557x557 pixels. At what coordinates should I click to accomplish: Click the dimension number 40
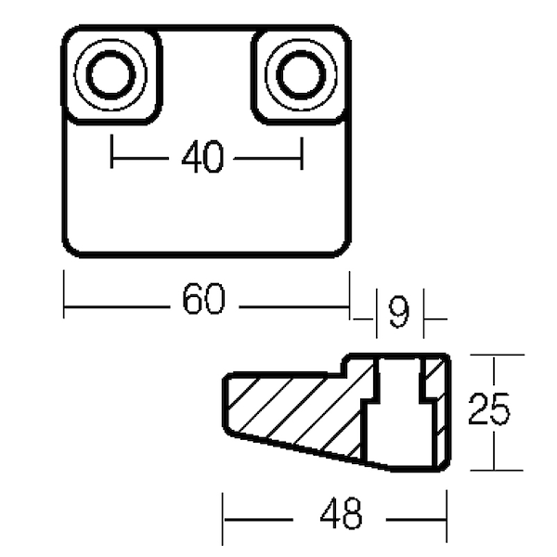(202, 157)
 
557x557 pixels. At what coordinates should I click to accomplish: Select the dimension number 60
(203, 298)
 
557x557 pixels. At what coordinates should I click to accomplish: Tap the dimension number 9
(399, 312)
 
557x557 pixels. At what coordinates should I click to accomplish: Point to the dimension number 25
(489, 409)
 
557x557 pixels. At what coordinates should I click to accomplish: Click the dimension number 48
(341, 513)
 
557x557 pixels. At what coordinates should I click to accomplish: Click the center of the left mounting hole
(110, 75)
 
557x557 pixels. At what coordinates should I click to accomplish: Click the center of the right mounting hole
(301, 75)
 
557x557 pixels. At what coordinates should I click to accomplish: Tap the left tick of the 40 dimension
(111, 151)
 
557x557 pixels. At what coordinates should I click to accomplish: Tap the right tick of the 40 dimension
(302, 153)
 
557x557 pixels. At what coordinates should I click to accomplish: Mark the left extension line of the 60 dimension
(64, 294)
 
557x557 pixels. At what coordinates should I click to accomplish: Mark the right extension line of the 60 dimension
(350, 295)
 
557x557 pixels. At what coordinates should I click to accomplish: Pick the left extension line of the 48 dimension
(223, 519)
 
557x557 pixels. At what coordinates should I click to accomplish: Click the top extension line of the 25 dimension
(497, 355)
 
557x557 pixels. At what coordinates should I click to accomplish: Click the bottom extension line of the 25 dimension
(497, 471)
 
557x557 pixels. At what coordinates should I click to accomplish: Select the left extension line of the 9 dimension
(377, 314)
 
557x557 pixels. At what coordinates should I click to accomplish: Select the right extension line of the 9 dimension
(423, 314)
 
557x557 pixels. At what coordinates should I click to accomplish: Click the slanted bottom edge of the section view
(309, 451)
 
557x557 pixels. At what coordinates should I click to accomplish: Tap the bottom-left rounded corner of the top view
(70, 249)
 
